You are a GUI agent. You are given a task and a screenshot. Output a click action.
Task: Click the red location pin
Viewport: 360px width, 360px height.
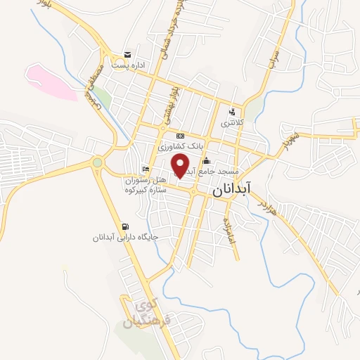(181, 165)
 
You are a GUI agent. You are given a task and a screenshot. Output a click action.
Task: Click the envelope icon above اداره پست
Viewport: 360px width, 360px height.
(127, 55)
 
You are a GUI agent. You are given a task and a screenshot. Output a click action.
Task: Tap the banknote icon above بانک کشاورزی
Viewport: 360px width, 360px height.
(181, 136)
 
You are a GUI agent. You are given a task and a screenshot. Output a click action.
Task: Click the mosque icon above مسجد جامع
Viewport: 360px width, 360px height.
(205, 161)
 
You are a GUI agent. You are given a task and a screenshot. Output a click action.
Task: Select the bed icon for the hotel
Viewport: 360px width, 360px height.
(146, 169)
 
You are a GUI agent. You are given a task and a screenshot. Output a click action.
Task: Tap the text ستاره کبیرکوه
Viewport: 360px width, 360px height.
(146, 190)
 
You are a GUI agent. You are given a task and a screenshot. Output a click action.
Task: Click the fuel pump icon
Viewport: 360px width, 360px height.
(125, 226)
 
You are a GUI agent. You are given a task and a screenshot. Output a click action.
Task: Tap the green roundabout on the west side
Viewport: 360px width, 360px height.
(97, 163)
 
